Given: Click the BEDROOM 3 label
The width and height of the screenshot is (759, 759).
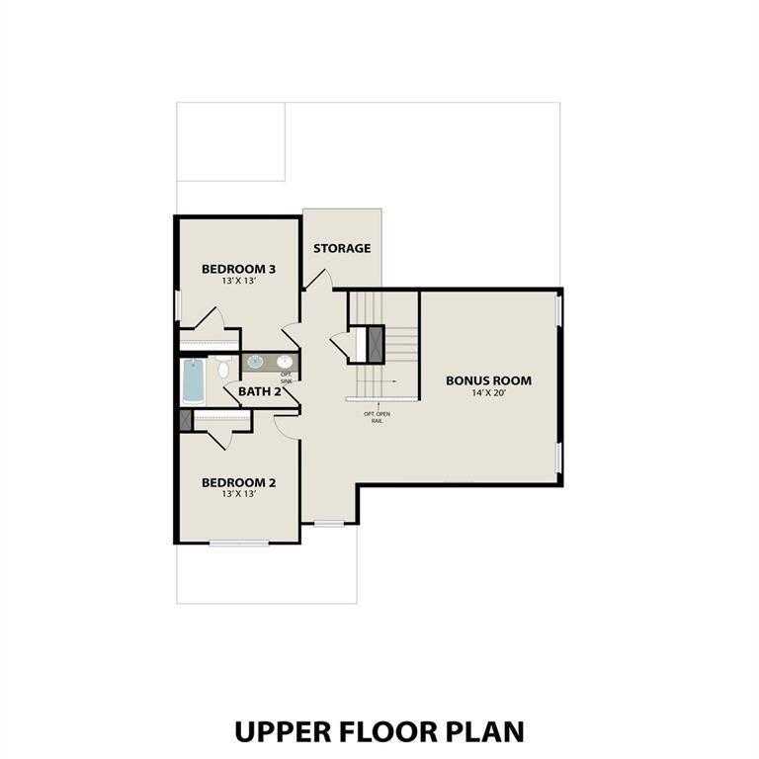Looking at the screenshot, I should (238, 269).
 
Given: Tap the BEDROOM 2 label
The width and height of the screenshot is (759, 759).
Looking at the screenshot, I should (238, 482).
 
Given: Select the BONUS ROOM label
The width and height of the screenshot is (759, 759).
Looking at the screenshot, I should (488, 379).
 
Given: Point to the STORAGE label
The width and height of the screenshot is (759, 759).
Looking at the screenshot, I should (342, 248).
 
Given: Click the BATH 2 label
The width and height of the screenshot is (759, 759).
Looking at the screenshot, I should (260, 392).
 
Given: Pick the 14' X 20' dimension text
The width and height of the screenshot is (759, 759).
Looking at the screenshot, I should (488, 392).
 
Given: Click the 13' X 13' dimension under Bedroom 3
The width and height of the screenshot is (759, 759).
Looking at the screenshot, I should (238, 281).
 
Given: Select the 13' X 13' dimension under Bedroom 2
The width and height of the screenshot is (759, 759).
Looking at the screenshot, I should (238, 494).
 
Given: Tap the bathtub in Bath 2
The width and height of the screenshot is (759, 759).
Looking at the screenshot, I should (193, 380).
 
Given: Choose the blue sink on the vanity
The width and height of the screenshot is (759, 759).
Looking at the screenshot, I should (254, 363).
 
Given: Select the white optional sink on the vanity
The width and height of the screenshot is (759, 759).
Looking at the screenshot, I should (286, 362).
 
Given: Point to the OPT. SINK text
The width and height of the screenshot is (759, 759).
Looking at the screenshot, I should (287, 378).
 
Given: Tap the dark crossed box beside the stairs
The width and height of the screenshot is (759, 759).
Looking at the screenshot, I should (376, 342).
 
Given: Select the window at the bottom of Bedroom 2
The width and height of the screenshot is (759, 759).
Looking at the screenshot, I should (238, 543).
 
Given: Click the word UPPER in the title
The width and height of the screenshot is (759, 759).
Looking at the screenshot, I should (285, 731).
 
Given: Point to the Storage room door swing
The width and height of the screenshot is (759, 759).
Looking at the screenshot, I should (317, 280).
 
